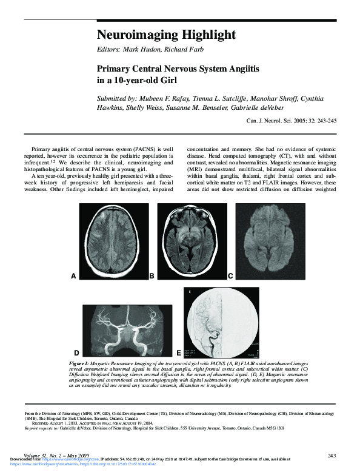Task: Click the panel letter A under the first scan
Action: pyautogui.click(x=73, y=276)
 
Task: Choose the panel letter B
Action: pyautogui.click(x=152, y=276)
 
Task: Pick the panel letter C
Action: pyautogui.click(x=230, y=276)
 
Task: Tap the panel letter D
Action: pyautogui.click(x=76, y=352)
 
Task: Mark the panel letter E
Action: pyautogui.click(x=179, y=352)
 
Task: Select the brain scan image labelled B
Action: pyautogui.click(x=192, y=240)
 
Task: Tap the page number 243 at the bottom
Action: pyautogui.click(x=332, y=455)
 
